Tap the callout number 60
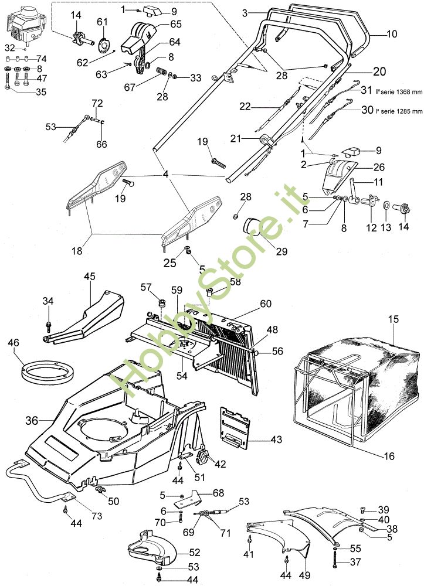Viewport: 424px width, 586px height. click(266, 304)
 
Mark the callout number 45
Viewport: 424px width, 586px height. click(89, 276)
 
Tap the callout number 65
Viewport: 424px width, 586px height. click(176, 25)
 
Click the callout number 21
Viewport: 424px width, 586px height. click(236, 138)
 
